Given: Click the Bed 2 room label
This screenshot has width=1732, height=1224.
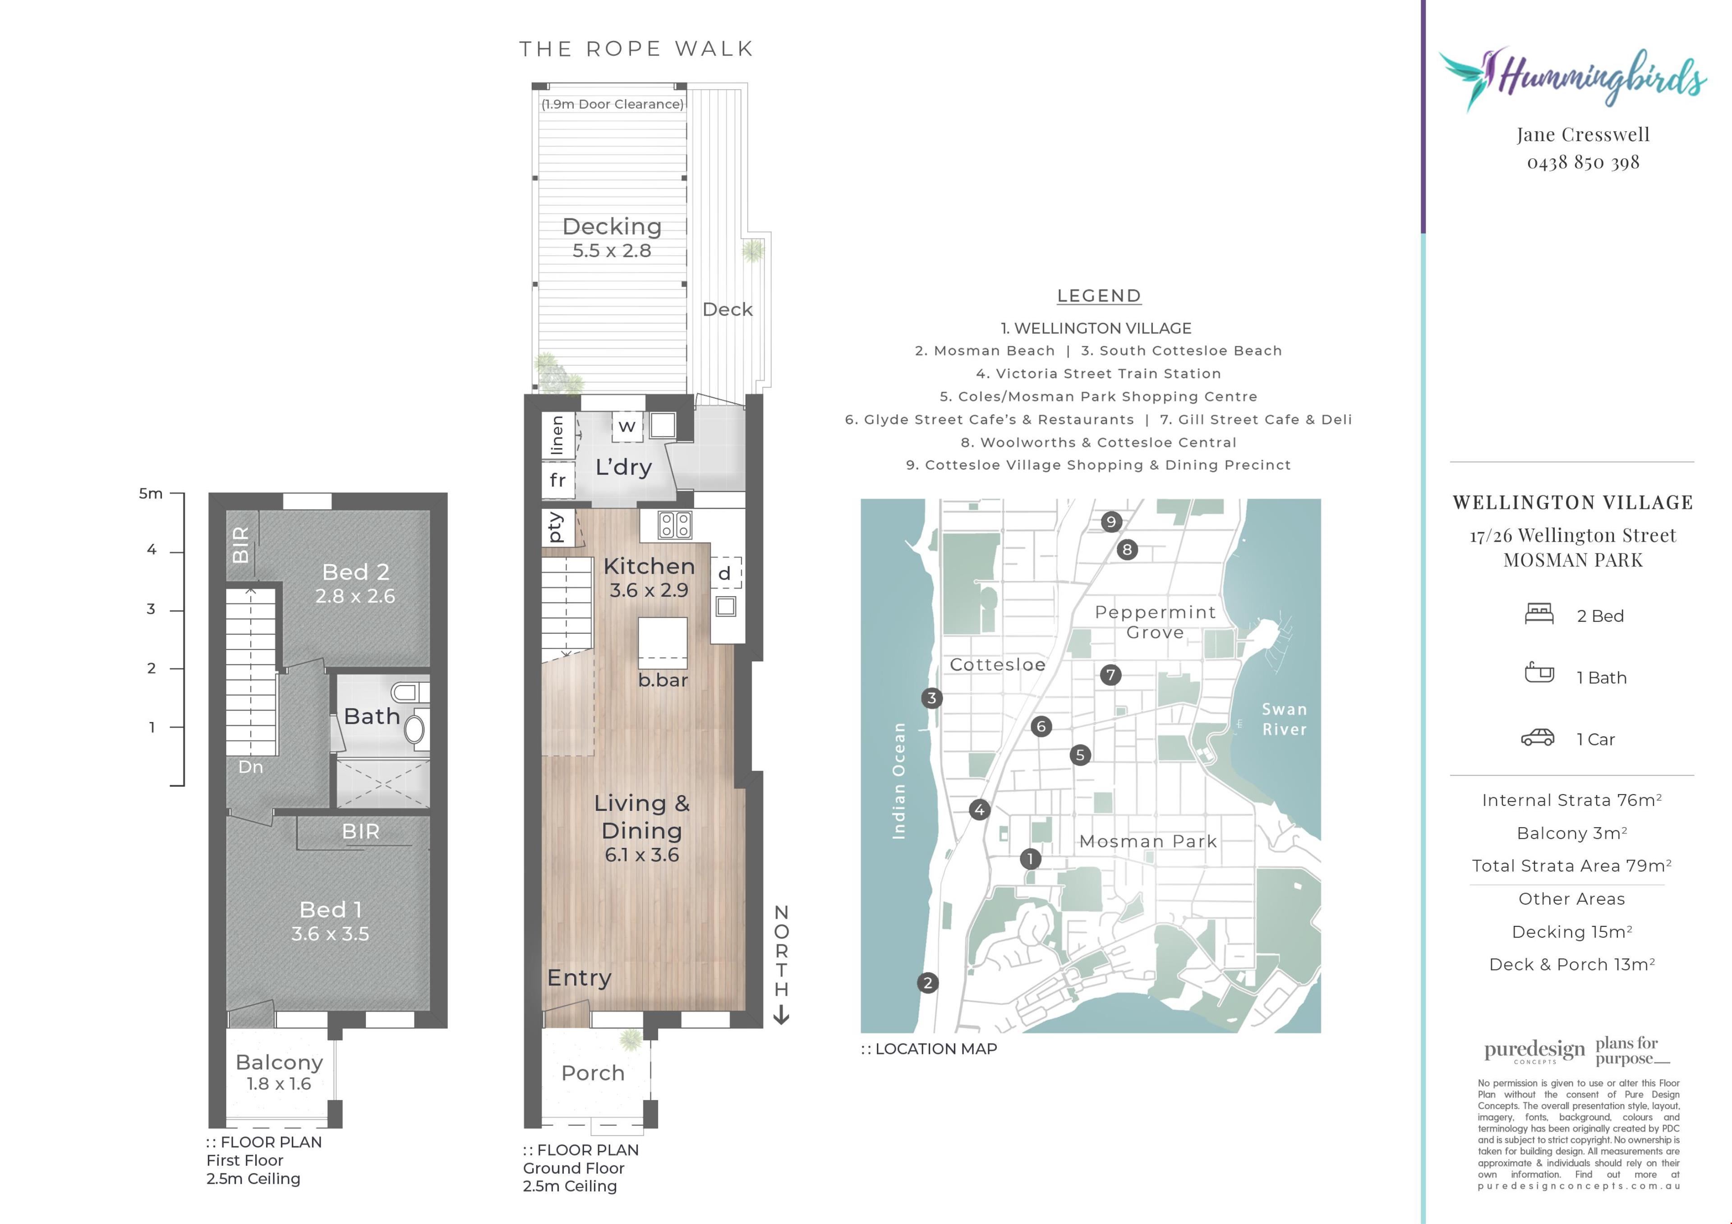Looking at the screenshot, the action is (x=355, y=572).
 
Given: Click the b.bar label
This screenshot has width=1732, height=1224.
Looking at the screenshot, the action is (x=663, y=680).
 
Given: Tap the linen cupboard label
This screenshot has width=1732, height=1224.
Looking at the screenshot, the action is (x=557, y=435).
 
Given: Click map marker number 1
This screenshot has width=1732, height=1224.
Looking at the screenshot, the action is (x=1030, y=858).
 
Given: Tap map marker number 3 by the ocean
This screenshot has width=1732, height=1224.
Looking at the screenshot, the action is (x=932, y=698).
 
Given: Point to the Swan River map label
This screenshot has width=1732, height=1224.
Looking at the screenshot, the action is (x=1284, y=719).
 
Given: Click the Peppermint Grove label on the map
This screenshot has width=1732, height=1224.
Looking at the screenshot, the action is (x=1156, y=622).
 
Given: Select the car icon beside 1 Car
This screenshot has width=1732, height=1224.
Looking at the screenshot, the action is (x=1538, y=737).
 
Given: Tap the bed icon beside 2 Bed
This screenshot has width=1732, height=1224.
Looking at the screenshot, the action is (x=1539, y=614).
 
